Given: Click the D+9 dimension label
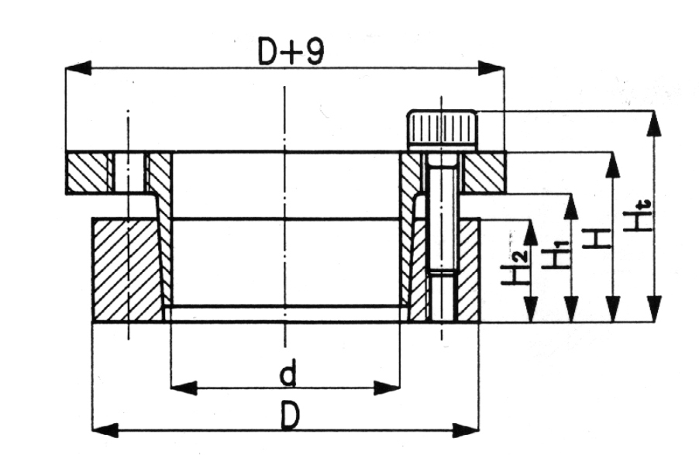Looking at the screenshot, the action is pyautogui.click(x=291, y=52).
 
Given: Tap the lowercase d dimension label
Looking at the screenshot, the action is pyautogui.click(x=288, y=373).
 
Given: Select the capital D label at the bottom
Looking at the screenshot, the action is pyautogui.click(x=290, y=415).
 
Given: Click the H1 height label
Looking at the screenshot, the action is pyautogui.click(x=555, y=254).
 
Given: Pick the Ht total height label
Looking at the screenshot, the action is pyautogui.click(x=638, y=216).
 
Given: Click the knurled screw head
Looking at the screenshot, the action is pyautogui.click(x=442, y=129).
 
